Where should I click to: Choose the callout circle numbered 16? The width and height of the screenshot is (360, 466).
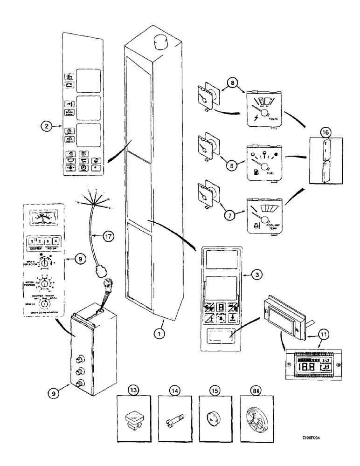click(x=326, y=132)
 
